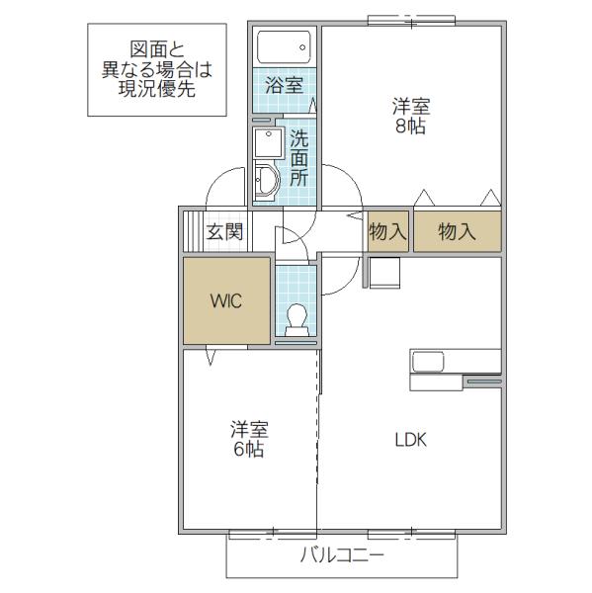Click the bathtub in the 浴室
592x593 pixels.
[x=284, y=46]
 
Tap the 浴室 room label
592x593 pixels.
[x=284, y=85]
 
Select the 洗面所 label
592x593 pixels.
[x=298, y=158]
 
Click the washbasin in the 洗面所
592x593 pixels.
[x=267, y=181]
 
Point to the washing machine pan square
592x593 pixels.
[x=269, y=143]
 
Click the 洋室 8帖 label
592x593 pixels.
[x=411, y=117]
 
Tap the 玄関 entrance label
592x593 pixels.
[x=224, y=231]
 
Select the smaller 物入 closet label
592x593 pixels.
[x=388, y=231]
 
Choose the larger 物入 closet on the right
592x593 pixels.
[x=458, y=231]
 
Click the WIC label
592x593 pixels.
[x=226, y=301]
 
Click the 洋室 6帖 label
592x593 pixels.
[x=249, y=439]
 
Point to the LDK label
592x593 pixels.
[x=411, y=440]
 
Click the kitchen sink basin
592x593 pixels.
[x=428, y=362]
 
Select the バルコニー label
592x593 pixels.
[x=342, y=555]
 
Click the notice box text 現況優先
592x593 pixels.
[x=157, y=89]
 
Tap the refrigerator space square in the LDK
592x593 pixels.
[x=384, y=273]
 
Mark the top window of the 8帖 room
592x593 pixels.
[x=411, y=21]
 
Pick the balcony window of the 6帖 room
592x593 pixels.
[x=273, y=534]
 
